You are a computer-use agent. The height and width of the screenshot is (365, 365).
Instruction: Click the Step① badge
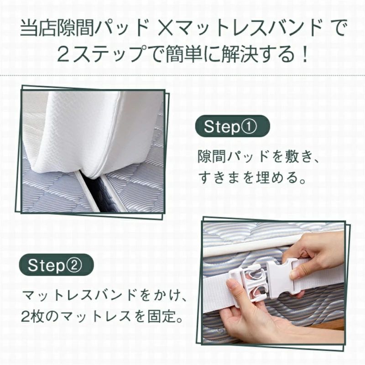(232, 126)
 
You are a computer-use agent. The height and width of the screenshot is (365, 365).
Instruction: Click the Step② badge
(56, 265)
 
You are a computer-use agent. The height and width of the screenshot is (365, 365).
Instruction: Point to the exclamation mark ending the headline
(303, 53)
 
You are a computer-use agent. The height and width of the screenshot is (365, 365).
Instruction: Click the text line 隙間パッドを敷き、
(259, 156)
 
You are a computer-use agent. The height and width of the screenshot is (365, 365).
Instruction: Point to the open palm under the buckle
(251, 326)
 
